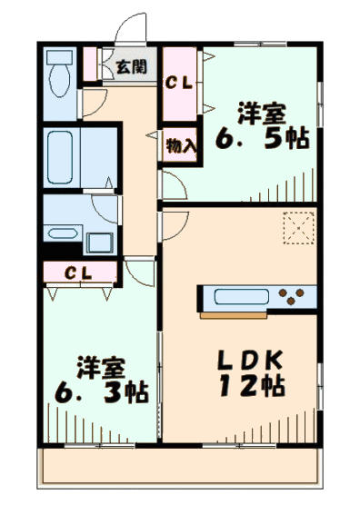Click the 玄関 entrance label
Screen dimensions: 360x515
(131, 67)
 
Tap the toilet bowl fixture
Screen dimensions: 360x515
(59, 80)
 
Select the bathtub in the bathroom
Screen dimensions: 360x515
(60, 157)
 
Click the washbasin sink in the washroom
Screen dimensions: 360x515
(63, 233)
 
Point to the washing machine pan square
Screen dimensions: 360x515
(101, 243)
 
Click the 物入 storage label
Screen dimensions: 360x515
(181, 145)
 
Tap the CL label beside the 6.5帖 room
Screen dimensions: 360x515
(179, 84)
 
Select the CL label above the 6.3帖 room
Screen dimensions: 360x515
(78, 272)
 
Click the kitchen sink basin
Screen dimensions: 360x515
(242, 296)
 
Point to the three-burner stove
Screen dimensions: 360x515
(291, 296)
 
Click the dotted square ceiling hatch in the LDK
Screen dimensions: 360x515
(299, 228)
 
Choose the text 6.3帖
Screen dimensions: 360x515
(102, 392)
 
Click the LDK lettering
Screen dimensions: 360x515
(250, 360)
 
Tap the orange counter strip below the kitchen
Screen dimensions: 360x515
(234, 315)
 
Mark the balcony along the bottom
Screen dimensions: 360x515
(180, 466)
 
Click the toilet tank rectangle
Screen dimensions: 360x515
(59, 57)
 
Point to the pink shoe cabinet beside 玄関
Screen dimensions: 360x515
(90, 64)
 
